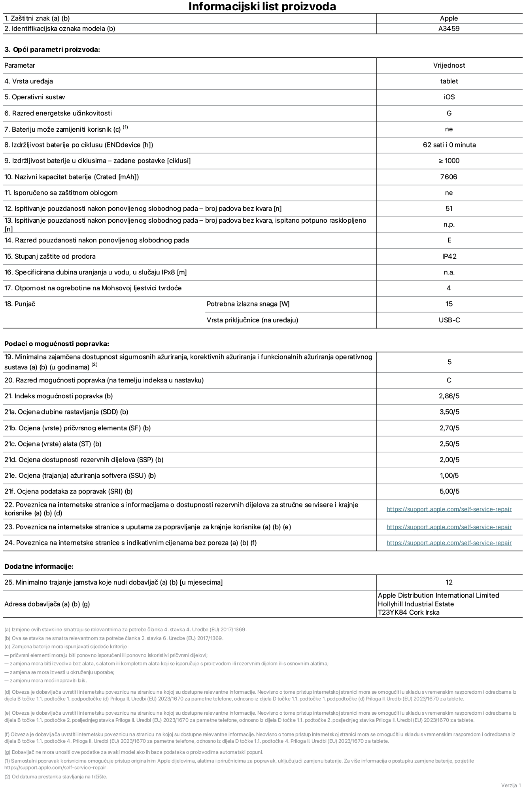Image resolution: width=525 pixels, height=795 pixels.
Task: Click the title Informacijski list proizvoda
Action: point(262,7)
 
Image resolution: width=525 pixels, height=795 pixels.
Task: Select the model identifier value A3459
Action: point(449,29)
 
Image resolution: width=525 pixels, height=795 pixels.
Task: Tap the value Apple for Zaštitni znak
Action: point(449,19)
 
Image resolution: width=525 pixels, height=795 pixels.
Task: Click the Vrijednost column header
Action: point(449,66)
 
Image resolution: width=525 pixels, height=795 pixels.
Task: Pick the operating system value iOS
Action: point(449,97)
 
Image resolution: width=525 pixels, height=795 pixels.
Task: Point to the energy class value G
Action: point(449,114)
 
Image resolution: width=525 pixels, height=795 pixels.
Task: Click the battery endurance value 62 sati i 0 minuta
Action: point(449,145)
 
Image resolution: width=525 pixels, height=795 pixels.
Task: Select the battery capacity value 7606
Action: point(449,177)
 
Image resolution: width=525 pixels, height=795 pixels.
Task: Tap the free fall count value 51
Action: point(449,209)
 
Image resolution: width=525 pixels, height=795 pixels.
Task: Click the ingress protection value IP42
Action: point(449,257)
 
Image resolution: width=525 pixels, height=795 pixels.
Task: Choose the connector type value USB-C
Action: point(449,320)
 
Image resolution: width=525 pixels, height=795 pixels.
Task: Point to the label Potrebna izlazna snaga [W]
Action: point(248,304)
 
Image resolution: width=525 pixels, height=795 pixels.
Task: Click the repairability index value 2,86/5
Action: point(449,396)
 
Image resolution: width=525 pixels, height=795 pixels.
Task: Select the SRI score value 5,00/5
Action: point(449,492)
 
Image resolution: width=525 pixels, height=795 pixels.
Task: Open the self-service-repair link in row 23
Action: point(449,527)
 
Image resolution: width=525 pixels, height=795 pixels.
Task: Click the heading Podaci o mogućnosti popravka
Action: point(57,344)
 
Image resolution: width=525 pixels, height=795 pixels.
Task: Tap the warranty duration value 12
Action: point(449,583)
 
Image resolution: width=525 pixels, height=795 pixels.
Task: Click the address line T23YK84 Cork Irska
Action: point(408,613)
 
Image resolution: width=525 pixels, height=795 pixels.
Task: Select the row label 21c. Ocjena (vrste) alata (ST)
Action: point(53,444)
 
